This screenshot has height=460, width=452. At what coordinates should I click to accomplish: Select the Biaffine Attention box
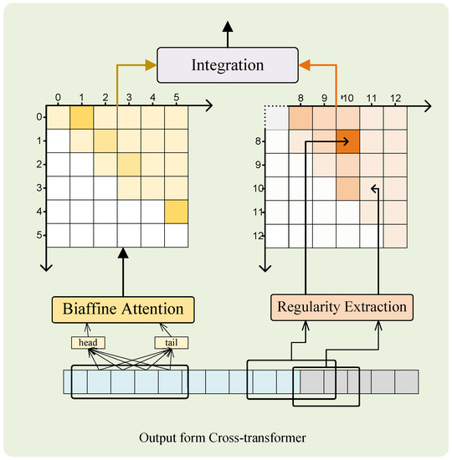pos(123,309)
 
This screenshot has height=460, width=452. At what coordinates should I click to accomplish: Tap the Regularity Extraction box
pos(342,307)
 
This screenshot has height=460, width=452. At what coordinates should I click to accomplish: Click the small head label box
pos(87,343)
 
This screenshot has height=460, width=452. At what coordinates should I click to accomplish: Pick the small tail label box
pos(171,343)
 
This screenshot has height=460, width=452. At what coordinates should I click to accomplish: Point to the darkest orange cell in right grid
pos(347,142)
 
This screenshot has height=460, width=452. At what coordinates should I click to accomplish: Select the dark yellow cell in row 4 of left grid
pos(176,212)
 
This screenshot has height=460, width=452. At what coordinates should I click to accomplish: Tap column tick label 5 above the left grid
pos(176,98)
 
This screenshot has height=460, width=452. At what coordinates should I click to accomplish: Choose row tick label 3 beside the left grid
pos(39,189)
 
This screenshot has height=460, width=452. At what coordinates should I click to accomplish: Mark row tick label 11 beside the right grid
pos(259,213)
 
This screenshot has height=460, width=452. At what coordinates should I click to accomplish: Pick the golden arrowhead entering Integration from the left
pos(151,64)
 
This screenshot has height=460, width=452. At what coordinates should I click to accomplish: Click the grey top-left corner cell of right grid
pos(277,119)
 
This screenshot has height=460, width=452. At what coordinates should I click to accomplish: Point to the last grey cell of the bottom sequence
pos(408,382)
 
